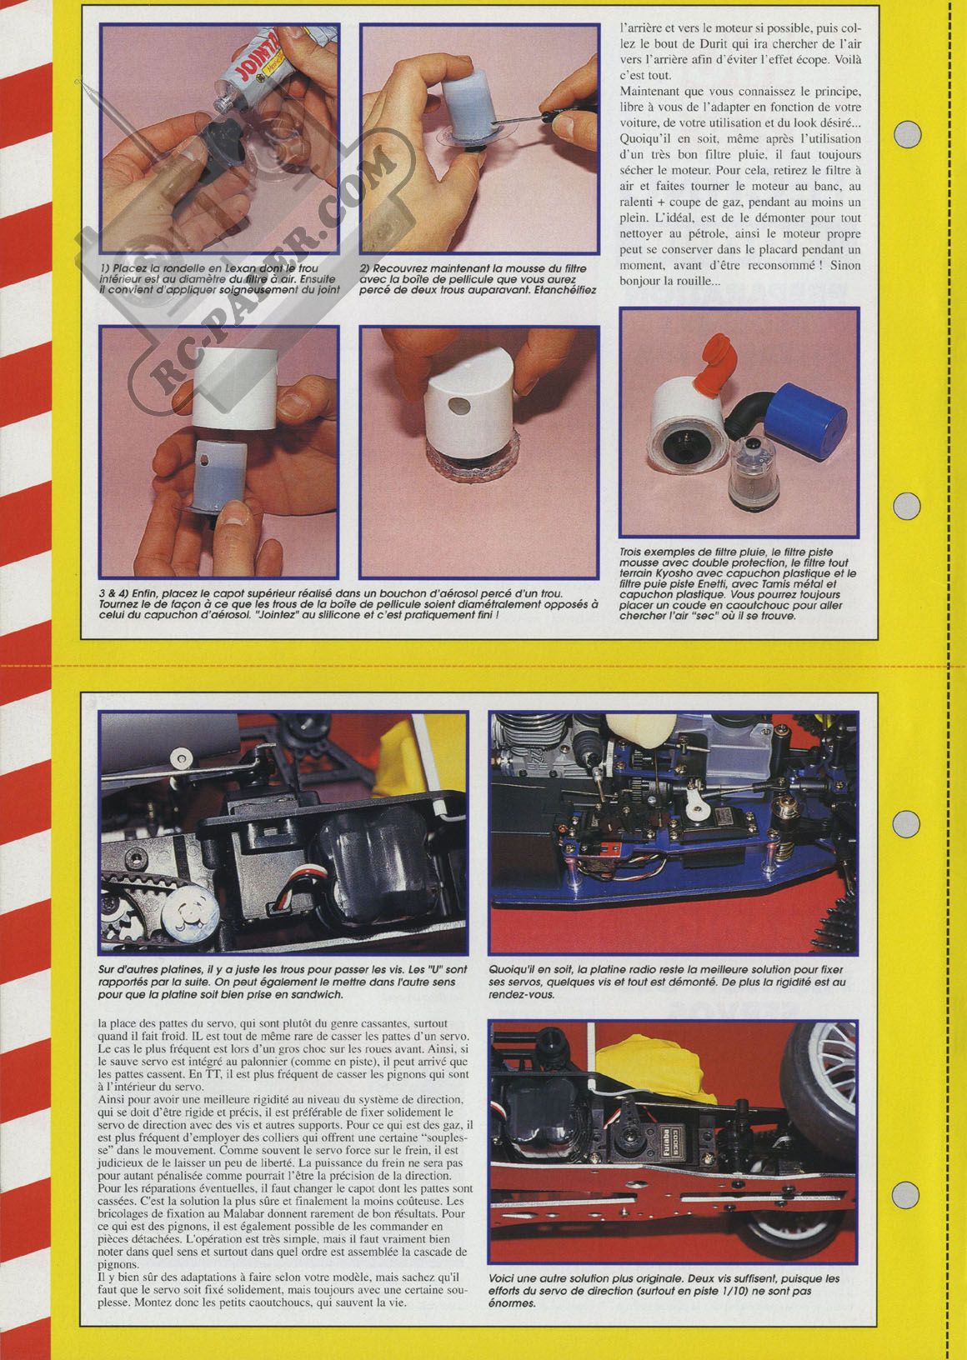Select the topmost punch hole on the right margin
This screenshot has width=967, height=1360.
click(908, 131)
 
